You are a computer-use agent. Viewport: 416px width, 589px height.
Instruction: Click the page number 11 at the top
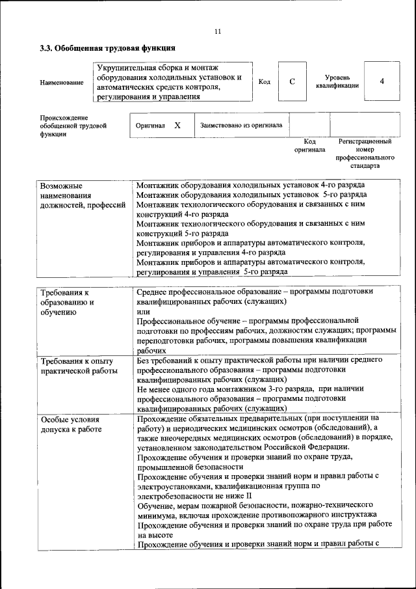pyautogui.click(x=217, y=31)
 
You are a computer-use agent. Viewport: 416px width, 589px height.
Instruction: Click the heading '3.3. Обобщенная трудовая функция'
pyautogui.click(x=107, y=49)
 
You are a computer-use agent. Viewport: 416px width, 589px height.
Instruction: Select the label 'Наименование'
pyautogui.click(x=62, y=83)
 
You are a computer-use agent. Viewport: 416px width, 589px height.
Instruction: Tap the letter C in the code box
pyautogui.click(x=292, y=81)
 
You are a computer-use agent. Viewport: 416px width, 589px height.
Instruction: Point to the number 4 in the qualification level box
pyautogui.click(x=382, y=81)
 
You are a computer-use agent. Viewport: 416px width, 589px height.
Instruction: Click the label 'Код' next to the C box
pyautogui.click(x=264, y=82)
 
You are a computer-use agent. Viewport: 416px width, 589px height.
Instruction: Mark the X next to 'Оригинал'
pyautogui.click(x=177, y=125)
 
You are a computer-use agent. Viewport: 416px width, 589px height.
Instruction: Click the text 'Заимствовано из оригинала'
pyautogui.click(x=240, y=125)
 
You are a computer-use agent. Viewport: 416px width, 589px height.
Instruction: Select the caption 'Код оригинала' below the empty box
pyautogui.click(x=310, y=146)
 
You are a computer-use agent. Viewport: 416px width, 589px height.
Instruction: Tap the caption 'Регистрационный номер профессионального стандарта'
pyautogui.click(x=365, y=154)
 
